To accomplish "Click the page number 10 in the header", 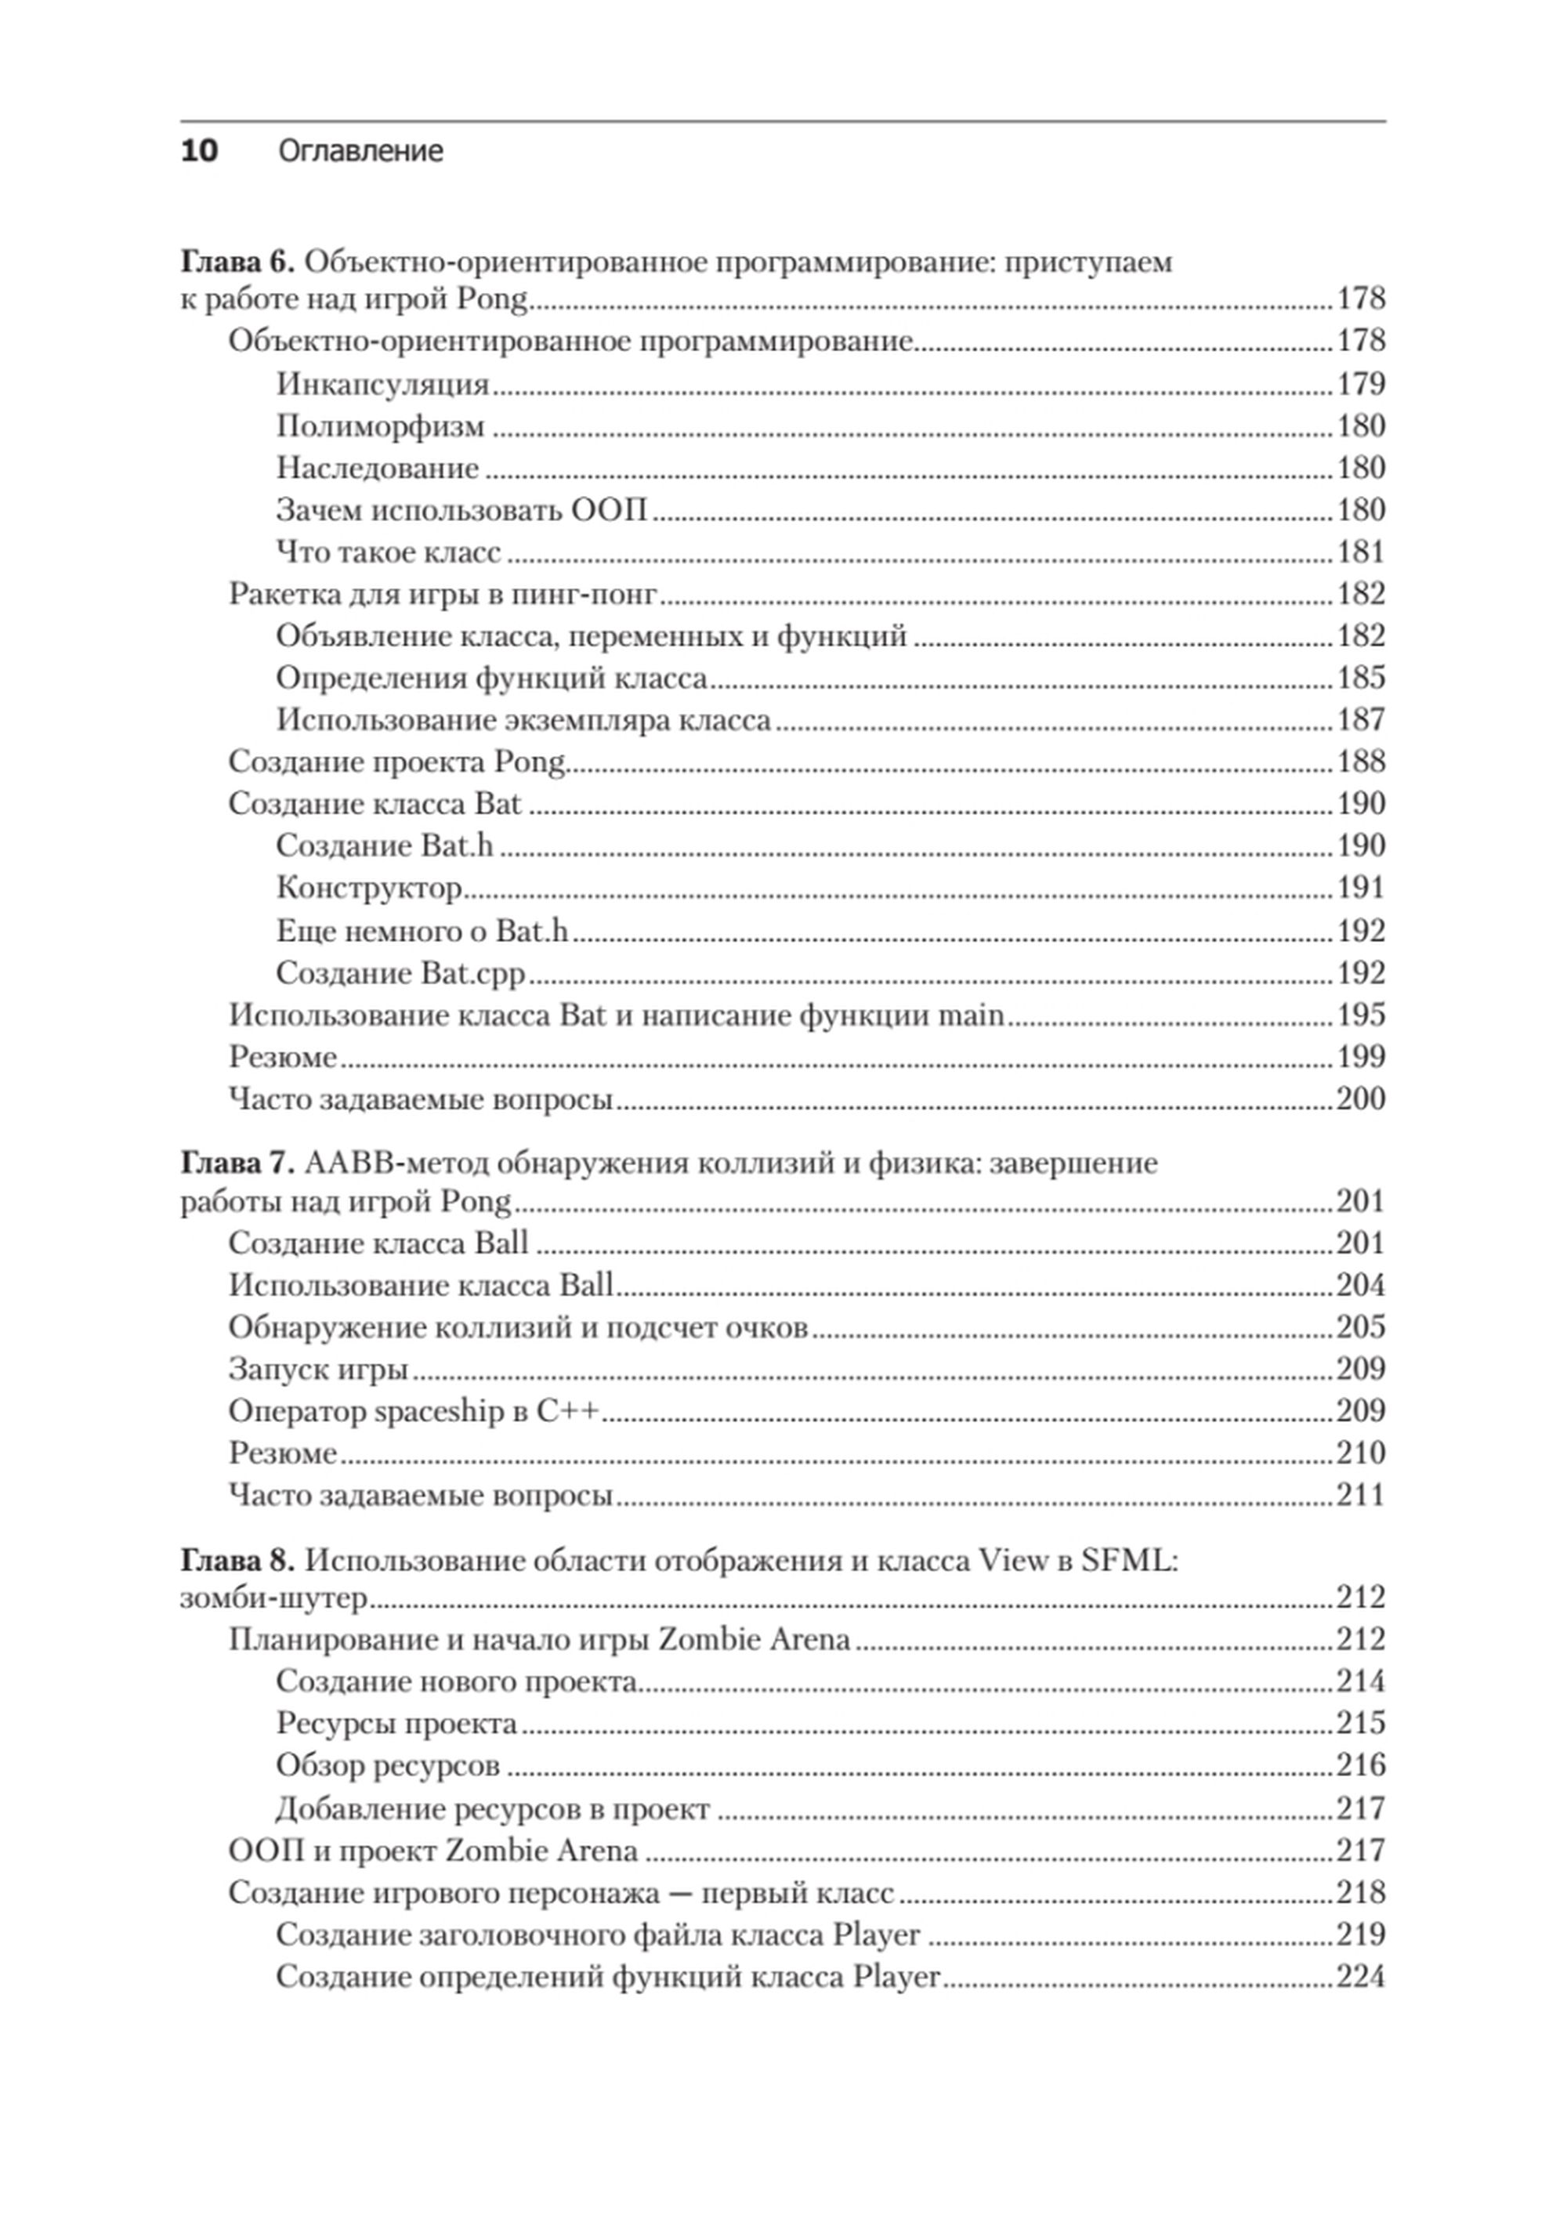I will click(200, 151).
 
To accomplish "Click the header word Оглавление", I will click(361, 151).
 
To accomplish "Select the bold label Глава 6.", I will click(237, 262).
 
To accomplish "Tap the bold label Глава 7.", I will click(237, 1164).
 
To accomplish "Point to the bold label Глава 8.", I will click(237, 1561).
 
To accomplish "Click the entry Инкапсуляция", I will click(383, 384).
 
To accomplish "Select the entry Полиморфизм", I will click(381, 426).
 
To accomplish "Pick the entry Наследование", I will click(378, 468).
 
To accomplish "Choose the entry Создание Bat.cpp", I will click(400, 972).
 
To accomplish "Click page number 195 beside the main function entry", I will click(1360, 1015).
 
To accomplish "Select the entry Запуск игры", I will click(318, 1369).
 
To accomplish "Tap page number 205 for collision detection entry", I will click(1360, 1327).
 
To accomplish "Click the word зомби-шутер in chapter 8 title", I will click(274, 1598).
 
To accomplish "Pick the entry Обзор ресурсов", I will click(388, 1765).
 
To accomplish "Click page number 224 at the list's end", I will click(1360, 1977).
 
